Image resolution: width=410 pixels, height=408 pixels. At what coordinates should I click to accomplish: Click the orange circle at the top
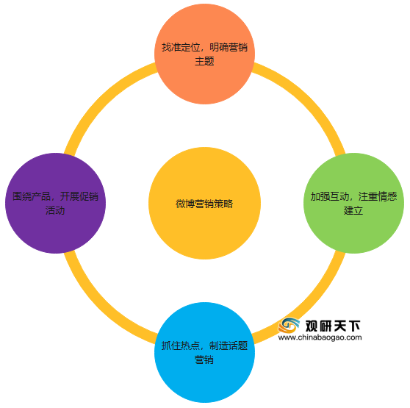[204, 54]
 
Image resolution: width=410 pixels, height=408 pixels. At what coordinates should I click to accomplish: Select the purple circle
[55, 203]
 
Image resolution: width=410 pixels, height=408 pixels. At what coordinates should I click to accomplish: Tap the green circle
[353, 203]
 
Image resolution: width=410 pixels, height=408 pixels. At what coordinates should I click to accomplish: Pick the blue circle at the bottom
[204, 353]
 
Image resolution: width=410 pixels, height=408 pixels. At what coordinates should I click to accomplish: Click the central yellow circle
[204, 203]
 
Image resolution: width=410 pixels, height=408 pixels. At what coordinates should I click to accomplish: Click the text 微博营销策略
[204, 204]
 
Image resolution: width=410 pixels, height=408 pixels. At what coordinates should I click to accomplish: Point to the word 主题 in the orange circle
[204, 61]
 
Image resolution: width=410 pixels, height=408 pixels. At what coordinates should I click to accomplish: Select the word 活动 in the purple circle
[55, 210]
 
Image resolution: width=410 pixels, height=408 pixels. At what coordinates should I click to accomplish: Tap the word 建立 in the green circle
[353, 210]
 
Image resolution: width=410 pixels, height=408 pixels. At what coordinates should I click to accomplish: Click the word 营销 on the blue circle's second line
[204, 359]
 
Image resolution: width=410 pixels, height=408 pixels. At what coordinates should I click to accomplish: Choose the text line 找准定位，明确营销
[204, 47]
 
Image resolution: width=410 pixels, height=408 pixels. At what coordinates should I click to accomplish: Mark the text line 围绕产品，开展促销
[55, 196]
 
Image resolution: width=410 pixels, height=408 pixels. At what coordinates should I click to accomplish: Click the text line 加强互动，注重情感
[353, 196]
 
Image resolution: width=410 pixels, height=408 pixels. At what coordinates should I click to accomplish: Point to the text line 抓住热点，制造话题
[204, 346]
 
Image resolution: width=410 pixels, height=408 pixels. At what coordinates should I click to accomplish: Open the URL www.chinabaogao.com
[320, 337]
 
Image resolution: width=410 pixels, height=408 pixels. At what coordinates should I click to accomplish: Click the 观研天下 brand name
[333, 326]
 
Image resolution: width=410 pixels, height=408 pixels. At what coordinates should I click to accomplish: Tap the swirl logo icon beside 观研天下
[289, 326]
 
